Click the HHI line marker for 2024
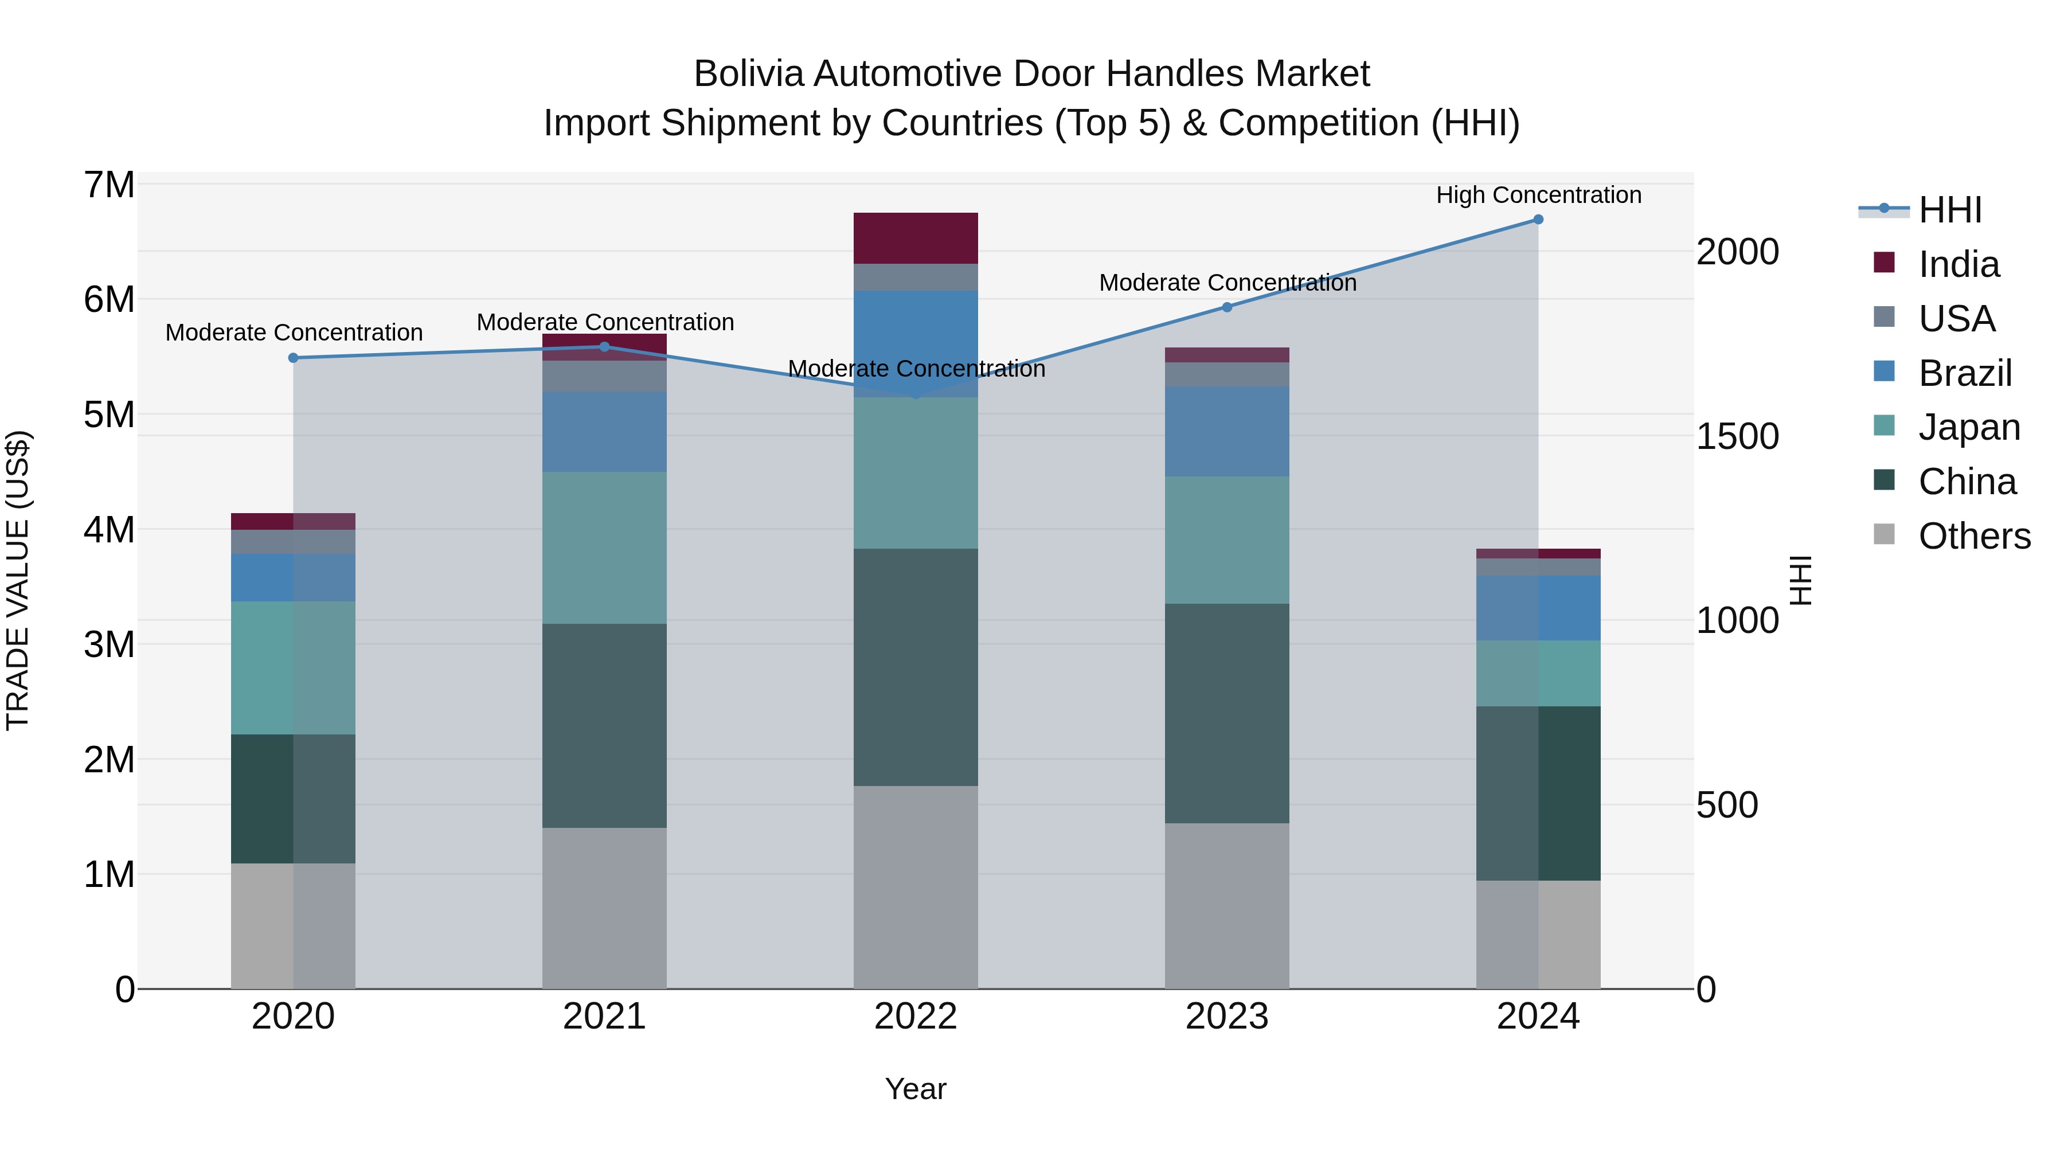[1538, 220]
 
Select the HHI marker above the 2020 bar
[293, 358]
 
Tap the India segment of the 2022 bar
[915, 238]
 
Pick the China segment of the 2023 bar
[1227, 713]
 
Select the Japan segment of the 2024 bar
[1538, 673]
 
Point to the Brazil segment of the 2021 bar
[604, 432]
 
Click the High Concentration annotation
[1538, 196]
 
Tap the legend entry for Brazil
[1965, 373]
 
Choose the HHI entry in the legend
[1949, 210]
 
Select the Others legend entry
[1973, 536]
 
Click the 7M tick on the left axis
[110, 185]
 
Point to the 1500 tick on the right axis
[1737, 437]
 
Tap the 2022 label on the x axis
[915, 1017]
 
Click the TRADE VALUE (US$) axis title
[18, 580]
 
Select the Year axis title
[915, 1089]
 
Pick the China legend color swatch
[1884, 480]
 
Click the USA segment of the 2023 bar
[1227, 374]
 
